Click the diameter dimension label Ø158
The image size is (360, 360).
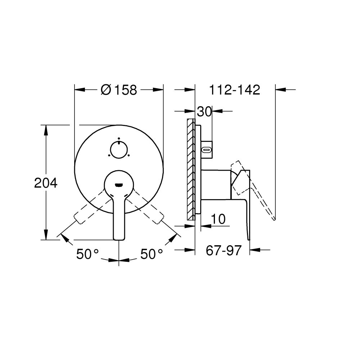click(x=119, y=90)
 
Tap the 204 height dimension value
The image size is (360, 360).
click(x=46, y=183)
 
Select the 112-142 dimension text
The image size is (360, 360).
click(x=234, y=90)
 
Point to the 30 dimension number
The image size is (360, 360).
click(x=204, y=112)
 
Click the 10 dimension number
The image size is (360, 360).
click(x=218, y=219)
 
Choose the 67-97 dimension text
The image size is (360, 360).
click(x=224, y=250)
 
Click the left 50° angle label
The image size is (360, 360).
click(x=87, y=254)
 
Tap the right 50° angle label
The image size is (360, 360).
click(x=152, y=254)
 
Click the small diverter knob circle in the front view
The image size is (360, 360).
click(x=119, y=150)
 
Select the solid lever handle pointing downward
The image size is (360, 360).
click(x=119, y=216)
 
